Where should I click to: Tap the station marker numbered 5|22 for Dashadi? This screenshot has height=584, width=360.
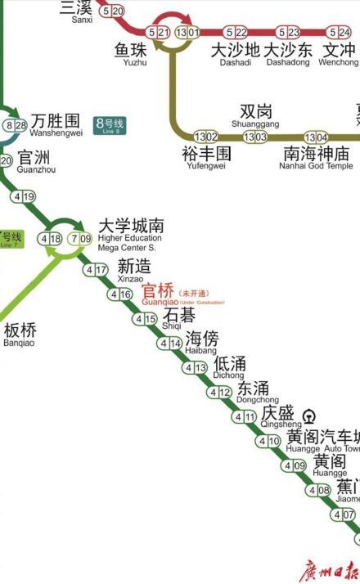tap(236, 33)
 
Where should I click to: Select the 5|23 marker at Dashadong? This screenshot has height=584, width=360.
tap(288, 33)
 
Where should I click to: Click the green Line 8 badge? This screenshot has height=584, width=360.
tap(110, 125)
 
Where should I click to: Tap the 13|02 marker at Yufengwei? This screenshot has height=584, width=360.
tap(205, 137)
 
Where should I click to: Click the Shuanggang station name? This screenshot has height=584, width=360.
tap(255, 115)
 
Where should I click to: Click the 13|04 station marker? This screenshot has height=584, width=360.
tap(316, 137)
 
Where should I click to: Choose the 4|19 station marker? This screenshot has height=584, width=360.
tap(24, 196)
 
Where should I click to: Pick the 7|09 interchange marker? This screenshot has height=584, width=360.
tap(80, 239)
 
